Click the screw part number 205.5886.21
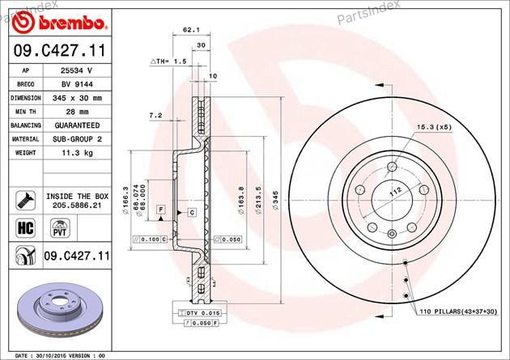point(77,206)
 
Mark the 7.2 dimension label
point(155,116)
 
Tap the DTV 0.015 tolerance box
point(198,312)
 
